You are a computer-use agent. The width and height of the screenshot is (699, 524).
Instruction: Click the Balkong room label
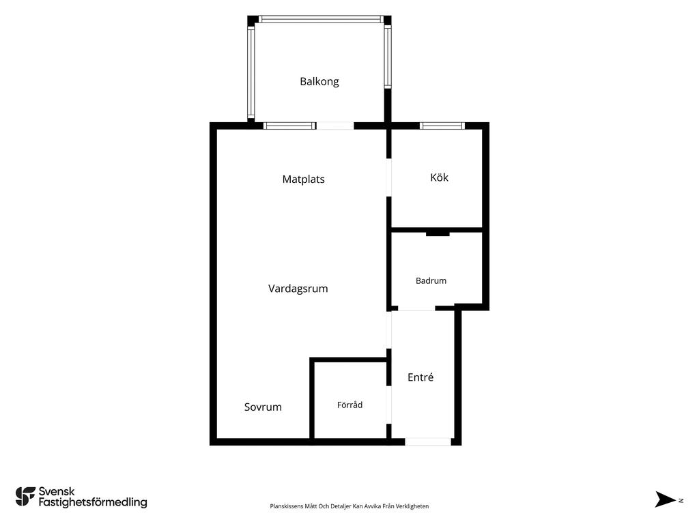(x=319, y=82)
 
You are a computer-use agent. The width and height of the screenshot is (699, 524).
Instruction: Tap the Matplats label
(x=303, y=179)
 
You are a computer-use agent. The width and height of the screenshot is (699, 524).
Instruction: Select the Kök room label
(x=439, y=177)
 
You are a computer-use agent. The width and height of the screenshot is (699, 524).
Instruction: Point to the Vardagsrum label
(x=298, y=289)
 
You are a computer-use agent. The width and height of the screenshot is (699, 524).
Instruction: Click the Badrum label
(x=431, y=280)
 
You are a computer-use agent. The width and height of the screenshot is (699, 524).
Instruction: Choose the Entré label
(x=420, y=377)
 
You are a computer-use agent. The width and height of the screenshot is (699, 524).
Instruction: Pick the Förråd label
(x=349, y=405)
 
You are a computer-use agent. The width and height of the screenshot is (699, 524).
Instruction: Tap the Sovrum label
(x=263, y=407)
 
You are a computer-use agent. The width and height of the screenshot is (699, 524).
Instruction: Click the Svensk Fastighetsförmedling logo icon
(x=25, y=497)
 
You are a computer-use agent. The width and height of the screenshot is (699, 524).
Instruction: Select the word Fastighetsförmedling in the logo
(x=93, y=503)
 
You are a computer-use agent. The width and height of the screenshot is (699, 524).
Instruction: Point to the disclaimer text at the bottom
(x=349, y=506)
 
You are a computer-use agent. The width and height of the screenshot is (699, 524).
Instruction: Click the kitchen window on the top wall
(x=442, y=126)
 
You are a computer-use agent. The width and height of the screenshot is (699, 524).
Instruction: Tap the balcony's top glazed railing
(x=320, y=19)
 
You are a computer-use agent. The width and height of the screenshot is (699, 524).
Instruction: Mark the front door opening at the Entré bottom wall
(x=428, y=441)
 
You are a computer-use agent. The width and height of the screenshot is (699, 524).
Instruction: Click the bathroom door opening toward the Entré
(x=416, y=308)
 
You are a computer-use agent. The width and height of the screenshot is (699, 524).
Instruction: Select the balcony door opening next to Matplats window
(x=334, y=126)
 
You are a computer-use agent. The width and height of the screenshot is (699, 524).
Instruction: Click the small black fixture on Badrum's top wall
(x=438, y=233)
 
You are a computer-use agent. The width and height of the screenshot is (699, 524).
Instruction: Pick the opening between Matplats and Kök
(x=388, y=177)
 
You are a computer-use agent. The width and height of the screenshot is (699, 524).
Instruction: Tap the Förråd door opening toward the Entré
(x=388, y=405)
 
